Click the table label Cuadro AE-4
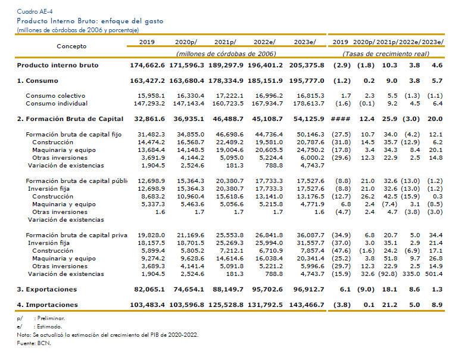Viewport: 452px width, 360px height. click(x=35, y=11)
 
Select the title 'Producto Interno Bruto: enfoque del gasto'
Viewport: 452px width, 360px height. click(x=90, y=21)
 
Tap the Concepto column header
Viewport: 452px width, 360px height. click(x=71, y=46)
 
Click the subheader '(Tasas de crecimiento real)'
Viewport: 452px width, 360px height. click(x=386, y=54)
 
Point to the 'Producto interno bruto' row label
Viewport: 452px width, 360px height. click(x=58, y=65)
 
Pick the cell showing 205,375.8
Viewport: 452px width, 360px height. click(x=307, y=65)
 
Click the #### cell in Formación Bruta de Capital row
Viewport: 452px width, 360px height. click(x=341, y=119)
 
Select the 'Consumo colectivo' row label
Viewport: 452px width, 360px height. click(x=55, y=96)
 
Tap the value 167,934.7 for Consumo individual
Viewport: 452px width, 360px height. click(x=267, y=104)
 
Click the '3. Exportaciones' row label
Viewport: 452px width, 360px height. click(x=46, y=289)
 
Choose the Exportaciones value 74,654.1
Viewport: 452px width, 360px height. click(x=189, y=289)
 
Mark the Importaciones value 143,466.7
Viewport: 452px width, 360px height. click(x=307, y=305)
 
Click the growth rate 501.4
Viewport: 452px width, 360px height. click(x=434, y=274)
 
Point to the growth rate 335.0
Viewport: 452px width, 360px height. click(x=411, y=274)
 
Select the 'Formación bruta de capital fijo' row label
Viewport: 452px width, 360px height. click(x=73, y=135)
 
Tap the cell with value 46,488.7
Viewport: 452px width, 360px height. click(x=228, y=119)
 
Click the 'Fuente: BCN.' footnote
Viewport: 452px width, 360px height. click(x=34, y=343)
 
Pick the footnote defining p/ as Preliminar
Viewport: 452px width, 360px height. click(x=40, y=318)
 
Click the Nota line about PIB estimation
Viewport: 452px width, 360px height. click(x=108, y=335)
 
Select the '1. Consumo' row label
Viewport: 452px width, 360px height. click(x=38, y=81)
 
